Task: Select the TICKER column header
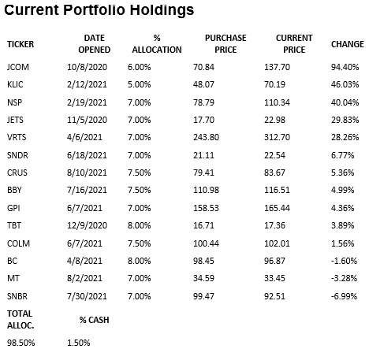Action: click(x=20, y=44)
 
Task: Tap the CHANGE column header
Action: click(x=347, y=44)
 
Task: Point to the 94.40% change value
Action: click(x=345, y=69)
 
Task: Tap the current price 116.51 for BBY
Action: click(x=276, y=190)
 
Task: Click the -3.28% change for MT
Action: click(x=345, y=277)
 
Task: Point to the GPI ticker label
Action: click(x=14, y=207)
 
